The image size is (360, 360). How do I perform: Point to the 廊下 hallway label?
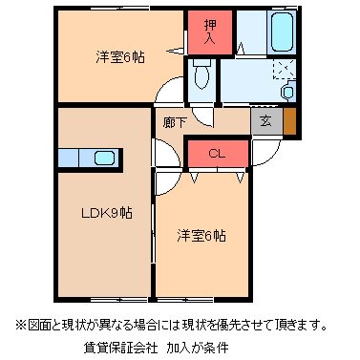[x=174, y=122]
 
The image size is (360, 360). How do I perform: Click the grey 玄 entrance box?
[x=265, y=121]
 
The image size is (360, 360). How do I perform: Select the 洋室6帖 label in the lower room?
[x=201, y=234]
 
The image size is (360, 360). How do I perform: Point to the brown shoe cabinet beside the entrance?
[x=288, y=121]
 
